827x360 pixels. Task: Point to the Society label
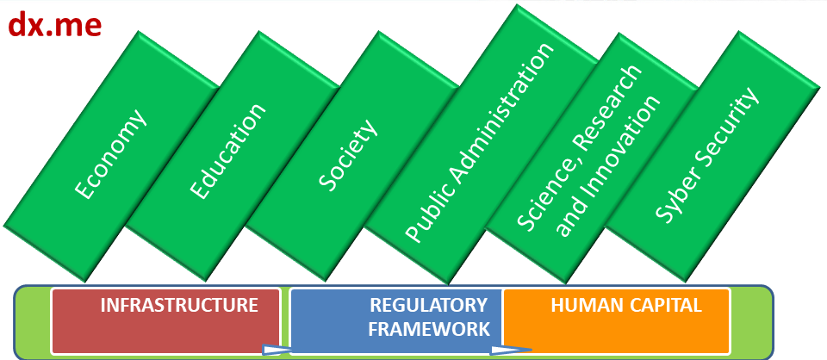tap(348, 154)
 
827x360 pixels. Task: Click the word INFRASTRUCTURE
tap(179, 306)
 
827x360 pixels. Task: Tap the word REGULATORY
tap(428, 306)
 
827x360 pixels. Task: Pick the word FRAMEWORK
tap(428, 328)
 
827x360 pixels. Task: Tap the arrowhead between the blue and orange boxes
tap(508, 350)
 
